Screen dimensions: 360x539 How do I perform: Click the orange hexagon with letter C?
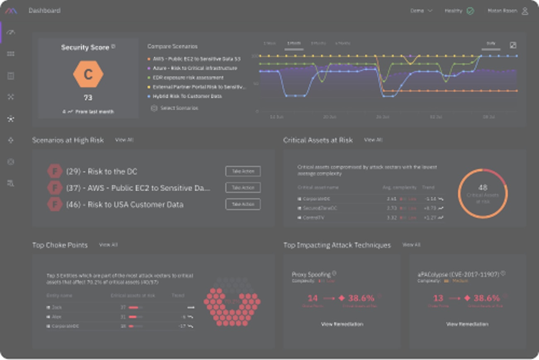[88, 75]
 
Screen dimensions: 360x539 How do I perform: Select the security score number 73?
[88, 98]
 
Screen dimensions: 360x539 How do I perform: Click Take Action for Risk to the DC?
[243, 171]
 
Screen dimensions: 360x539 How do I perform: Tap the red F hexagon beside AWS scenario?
[55, 188]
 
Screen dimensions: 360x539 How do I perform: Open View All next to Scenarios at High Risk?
[124, 140]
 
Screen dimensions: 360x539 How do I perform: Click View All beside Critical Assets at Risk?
[373, 140]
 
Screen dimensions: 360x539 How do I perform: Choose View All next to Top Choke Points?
[108, 245]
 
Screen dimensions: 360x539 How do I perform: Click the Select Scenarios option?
[179, 108]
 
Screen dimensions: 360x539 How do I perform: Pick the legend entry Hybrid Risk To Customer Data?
[187, 96]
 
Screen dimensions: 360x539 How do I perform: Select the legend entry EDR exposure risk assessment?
[188, 78]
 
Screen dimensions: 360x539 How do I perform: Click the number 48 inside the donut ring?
[483, 187]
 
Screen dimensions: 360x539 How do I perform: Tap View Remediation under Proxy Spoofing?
[342, 324]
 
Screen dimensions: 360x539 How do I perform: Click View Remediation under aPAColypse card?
[467, 324]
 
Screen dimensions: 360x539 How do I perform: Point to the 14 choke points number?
[313, 298]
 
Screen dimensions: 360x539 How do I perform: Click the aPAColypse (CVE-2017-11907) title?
[458, 274]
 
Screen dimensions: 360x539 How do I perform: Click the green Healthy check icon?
[470, 11]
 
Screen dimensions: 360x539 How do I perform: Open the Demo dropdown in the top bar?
[421, 11]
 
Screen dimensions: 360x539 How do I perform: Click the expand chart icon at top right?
[513, 45]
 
